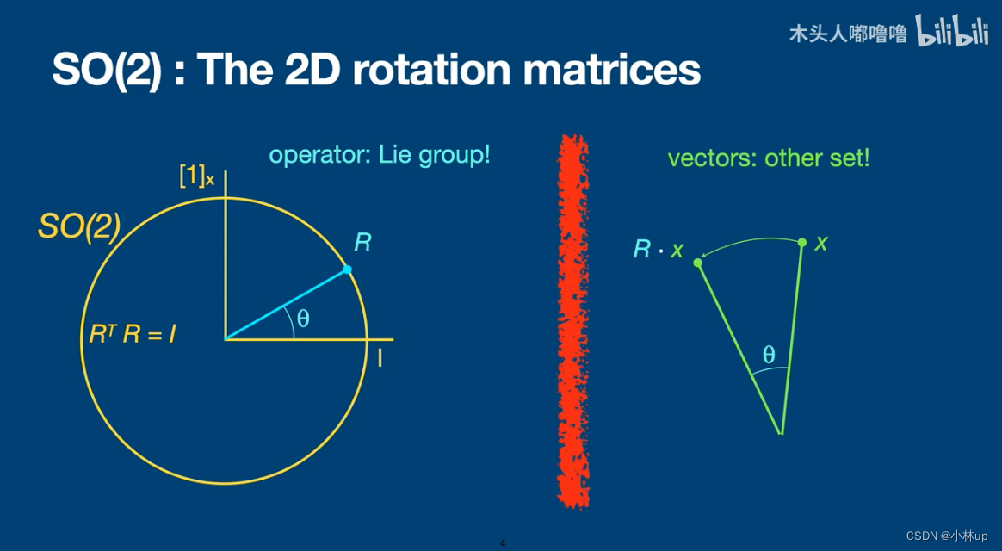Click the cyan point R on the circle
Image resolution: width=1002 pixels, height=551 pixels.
coord(347,269)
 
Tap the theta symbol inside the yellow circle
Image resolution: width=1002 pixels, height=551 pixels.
coord(304,318)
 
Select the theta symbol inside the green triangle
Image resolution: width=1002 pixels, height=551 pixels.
coord(769,354)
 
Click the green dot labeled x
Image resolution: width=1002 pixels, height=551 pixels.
coord(802,242)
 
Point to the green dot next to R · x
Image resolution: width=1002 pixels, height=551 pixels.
coord(698,263)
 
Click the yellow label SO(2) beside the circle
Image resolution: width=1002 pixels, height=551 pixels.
coord(79,227)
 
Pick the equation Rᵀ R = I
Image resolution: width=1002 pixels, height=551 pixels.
coord(133,334)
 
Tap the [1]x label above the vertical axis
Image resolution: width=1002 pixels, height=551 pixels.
coord(196,176)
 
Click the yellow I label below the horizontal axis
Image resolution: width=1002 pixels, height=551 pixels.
coord(380,358)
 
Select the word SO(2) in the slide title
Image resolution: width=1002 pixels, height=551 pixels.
coord(107,70)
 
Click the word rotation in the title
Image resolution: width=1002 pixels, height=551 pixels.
coord(431,70)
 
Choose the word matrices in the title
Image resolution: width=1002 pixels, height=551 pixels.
coord(611,70)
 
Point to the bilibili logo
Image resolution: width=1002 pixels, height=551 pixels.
coord(953,31)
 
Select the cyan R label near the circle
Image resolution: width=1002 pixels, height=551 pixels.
coord(362,243)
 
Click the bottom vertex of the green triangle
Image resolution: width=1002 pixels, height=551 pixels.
coord(781,434)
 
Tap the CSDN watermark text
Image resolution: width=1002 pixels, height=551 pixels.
coord(946,536)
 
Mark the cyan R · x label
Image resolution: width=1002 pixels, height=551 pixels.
coord(659,250)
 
